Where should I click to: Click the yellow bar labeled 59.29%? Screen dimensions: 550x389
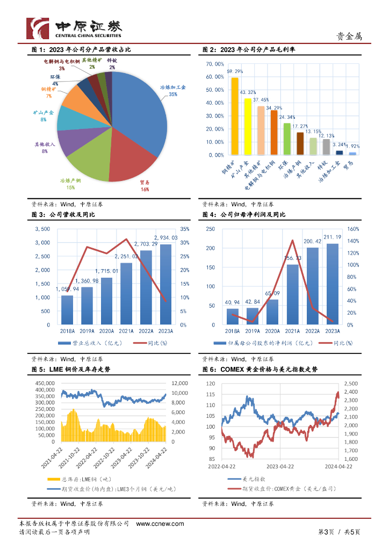[234, 116]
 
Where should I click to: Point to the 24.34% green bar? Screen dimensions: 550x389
[286, 139]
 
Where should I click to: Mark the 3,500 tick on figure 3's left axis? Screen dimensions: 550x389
[42, 229]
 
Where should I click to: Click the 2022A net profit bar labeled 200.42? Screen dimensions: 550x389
[312, 286]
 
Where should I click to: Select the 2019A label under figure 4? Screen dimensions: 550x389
[252, 332]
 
